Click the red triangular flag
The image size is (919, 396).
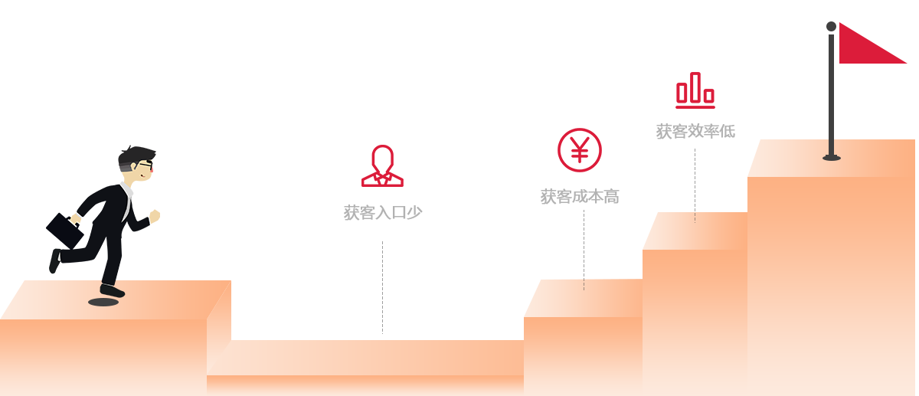click(x=865, y=45)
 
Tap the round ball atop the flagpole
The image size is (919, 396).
click(x=831, y=26)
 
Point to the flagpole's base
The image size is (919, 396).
click(x=832, y=158)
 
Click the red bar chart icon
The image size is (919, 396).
click(x=695, y=90)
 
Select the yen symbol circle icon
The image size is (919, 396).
click(x=580, y=150)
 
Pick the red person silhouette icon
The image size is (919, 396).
click(x=382, y=165)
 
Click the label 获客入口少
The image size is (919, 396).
click(x=383, y=213)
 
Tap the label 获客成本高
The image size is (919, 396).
click(x=580, y=197)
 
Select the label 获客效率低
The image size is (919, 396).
click(x=695, y=131)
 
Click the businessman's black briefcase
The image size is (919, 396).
click(x=64, y=231)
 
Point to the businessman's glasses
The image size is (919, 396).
click(x=146, y=165)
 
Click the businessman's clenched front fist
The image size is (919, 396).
click(x=155, y=216)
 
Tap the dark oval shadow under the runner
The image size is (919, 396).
click(x=103, y=302)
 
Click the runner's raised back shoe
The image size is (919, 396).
click(x=54, y=261)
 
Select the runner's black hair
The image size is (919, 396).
click(x=135, y=158)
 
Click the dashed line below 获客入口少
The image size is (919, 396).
click(x=382, y=288)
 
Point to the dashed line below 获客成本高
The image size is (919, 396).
click(x=584, y=250)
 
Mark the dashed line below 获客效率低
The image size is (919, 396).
click(x=695, y=186)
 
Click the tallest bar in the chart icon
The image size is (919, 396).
click(x=695, y=87)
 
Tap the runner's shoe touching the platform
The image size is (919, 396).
click(x=112, y=291)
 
